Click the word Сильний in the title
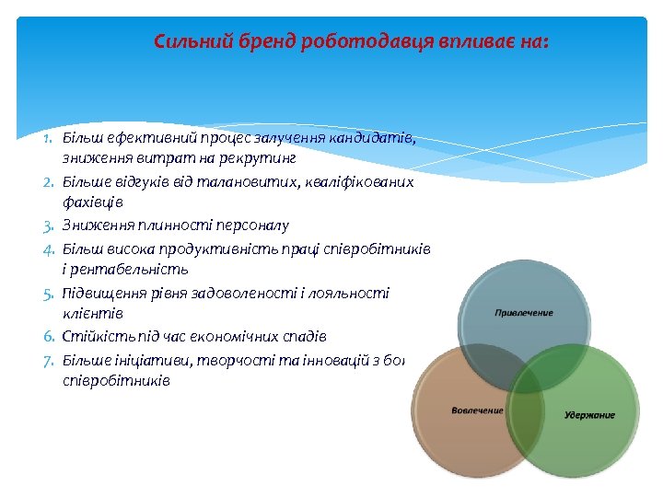182,41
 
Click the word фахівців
93,203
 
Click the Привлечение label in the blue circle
524,313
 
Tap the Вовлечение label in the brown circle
477,410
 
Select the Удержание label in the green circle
589,415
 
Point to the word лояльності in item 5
354,294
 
